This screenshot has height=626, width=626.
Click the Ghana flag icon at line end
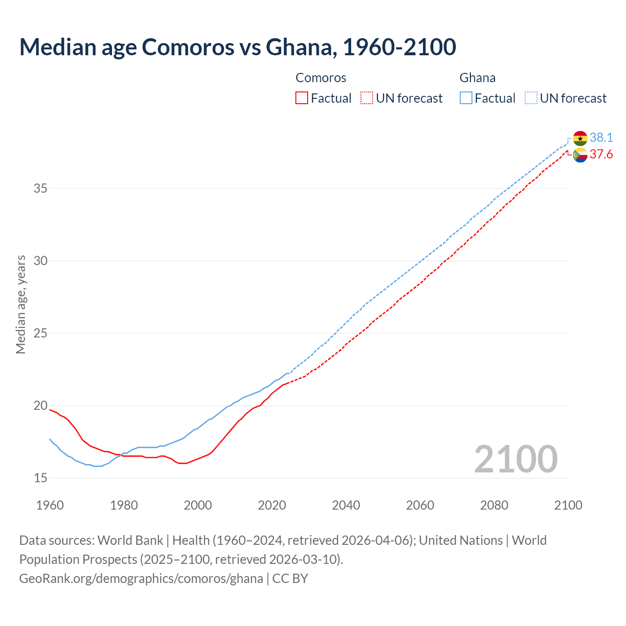(580, 138)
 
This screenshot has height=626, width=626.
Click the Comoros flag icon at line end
(580, 155)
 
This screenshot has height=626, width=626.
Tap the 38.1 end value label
(601, 138)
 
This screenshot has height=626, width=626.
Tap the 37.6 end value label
(601, 155)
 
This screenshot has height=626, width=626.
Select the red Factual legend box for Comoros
(302, 98)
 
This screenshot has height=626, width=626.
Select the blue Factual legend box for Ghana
(466, 98)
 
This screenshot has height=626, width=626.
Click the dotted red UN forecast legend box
(367, 98)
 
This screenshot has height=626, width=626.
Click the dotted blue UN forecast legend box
(531, 98)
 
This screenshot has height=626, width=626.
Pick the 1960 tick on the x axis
(50, 505)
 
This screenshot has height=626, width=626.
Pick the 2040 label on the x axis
(346, 505)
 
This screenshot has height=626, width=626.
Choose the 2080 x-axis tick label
(494, 505)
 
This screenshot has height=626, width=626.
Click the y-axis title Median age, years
(21, 304)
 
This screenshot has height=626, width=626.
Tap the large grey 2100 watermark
(515, 459)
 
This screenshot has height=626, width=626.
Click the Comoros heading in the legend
(321, 78)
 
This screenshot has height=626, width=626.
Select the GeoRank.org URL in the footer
(141, 579)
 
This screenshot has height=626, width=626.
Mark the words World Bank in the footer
(130, 540)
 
